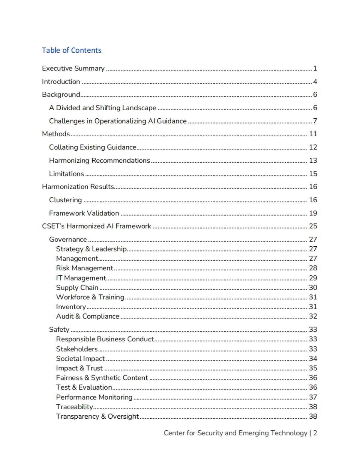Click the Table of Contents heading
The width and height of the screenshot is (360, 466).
(x=71, y=50)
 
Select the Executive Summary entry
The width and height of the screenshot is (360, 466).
(x=73, y=68)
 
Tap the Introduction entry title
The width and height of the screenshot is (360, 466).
(x=61, y=82)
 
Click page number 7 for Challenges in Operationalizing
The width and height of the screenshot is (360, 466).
(x=315, y=121)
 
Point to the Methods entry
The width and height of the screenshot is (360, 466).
(x=56, y=134)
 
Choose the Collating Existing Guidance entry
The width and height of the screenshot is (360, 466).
(x=93, y=147)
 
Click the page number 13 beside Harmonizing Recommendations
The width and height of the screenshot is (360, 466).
(x=313, y=160)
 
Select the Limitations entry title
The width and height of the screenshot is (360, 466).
(x=66, y=174)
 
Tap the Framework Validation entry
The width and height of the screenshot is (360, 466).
(x=84, y=213)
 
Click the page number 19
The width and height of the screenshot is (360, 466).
(x=313, y=213)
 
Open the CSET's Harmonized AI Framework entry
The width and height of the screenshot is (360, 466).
(x=96, y=226)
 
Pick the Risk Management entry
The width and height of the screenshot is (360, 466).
(x=84, y=268)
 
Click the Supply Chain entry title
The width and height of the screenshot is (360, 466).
(x=77, y=287)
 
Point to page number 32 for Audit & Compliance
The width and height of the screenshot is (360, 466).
(x=313, y=316)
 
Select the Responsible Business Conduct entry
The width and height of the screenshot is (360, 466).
(x=105, y=339)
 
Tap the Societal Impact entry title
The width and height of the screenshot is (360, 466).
(x=80, y=358)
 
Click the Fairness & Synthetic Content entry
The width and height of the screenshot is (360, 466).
(x=102, y=378)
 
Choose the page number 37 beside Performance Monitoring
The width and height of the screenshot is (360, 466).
(x=313, y=397)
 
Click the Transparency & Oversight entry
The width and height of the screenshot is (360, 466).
(x=97, y=416)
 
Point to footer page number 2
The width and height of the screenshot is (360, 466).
(x=315, y=433)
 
